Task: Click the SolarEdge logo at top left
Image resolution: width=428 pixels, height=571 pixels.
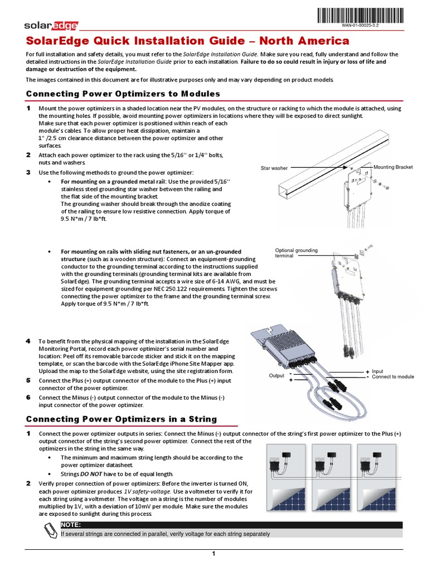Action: [x=51, y=25]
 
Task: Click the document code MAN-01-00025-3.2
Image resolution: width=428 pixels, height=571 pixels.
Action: [x=361, y=26]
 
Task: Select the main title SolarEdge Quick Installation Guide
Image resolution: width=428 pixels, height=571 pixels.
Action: [x=188, y=41]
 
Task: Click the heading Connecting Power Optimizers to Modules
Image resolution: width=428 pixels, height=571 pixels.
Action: [x=123, y=94]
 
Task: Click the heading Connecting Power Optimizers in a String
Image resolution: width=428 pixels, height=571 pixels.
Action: [x=121, y=419]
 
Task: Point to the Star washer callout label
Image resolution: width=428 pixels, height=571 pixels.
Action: [x=274, y=168]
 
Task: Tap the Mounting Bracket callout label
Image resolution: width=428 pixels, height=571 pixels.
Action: [x=393, y=167]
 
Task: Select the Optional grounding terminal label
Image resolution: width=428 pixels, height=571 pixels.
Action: [x=296, y=253]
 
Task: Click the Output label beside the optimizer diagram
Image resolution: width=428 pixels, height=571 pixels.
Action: [x=277, y=376]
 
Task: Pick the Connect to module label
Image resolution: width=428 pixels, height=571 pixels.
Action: [x=393, y=377]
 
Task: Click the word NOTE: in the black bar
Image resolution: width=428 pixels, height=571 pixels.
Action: [x=71, y=525]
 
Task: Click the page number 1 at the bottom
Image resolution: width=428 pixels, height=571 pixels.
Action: [x=213, y=553]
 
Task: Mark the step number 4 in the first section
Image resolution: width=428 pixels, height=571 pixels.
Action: [x=28, y=340]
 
